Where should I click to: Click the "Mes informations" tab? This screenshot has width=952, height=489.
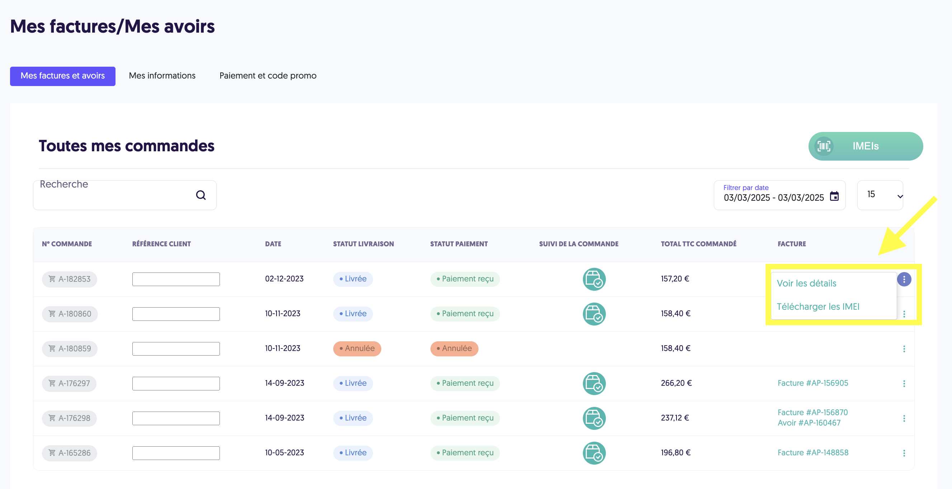pyautogui.click(x=162, y=76)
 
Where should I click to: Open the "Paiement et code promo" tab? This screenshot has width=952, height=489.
pyautogui.click(x=268, y=76)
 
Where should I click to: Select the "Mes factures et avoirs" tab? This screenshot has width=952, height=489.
pyautogui.click(x=62, y=76)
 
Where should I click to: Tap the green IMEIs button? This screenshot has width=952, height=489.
pyautogui.click(x=866, y=146)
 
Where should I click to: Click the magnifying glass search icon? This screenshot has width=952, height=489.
pyautogui.click(x=201, y=195)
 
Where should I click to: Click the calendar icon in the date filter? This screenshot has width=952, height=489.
pyautogui.click(x=834, y=196)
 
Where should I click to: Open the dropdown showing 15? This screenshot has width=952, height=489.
pyautogui.click(x=880, y=195)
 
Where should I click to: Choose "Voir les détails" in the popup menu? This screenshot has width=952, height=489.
pyautogui.click(x=806, y=283)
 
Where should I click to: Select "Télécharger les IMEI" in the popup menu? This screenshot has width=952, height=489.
pyautogui.click(x=818, y=307)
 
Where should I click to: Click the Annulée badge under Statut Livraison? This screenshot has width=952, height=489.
pyautogui.click(x=357, y=348)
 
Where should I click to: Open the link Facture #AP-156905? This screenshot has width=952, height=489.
pyautogui.click(x=813, y=383)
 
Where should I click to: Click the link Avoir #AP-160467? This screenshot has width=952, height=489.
pyautogui.click(x=809, y=423)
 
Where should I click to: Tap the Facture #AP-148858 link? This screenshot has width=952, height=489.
pyautogui.click(x=813, y=452)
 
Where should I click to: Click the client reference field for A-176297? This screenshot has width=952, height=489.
pyautogui.click(x=176, y=383)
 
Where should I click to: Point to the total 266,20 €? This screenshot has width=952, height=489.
pyautogui.click(x=676, y=383)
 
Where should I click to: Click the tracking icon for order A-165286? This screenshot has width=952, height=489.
pyautogui.click(x=594, y=453)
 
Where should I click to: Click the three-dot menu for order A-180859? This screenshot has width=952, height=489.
pyautogui.click(x=904, y=349)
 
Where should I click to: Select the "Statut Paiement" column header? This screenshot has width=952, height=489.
pyautogui.click(x=459, y=244)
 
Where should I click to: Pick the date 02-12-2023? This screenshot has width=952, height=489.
pyautogui.click(x=284, y=279)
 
